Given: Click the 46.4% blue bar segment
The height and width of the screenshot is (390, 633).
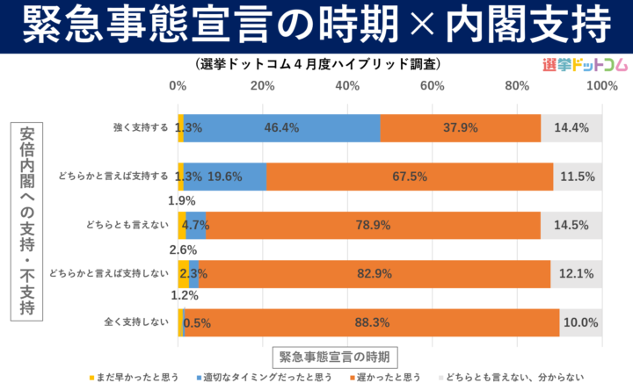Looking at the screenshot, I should (281, 127).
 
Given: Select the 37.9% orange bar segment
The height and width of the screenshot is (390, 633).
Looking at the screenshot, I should (461, 127).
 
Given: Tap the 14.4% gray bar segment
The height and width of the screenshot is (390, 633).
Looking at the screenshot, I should (571, 127).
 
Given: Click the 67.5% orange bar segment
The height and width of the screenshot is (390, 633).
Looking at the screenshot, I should (410, 177).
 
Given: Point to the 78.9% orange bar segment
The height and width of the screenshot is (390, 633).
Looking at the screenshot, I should (373, 225).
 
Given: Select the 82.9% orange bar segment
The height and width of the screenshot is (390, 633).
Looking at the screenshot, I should (375, 273).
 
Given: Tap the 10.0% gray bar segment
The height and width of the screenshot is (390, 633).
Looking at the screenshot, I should (580, 322).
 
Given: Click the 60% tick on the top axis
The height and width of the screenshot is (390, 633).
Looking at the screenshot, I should (432, 85).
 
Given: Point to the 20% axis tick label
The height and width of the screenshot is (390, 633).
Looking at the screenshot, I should (262, 85).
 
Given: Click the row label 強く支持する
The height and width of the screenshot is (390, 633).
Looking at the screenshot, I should (141, 127).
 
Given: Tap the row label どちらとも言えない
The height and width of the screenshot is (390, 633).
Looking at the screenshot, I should (129, 225).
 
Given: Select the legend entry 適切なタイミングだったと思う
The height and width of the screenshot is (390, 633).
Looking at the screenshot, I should (267, 378).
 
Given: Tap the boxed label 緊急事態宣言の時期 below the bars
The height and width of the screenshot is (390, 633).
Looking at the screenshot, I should (335, 357).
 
